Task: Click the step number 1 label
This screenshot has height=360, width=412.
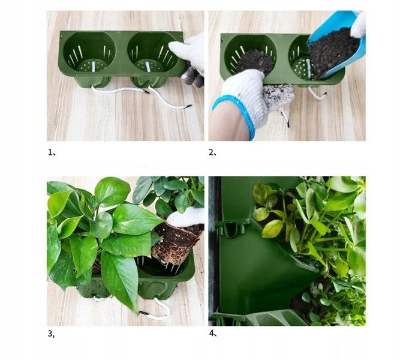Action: [52, 152]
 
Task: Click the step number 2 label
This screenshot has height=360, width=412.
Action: [212, 152]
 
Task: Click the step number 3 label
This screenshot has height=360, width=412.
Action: [51, 334]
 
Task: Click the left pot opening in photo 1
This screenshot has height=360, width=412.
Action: [89, 52]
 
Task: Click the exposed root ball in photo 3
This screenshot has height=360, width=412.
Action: [176, 243]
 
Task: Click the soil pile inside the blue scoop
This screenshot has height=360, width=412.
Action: [332, 51]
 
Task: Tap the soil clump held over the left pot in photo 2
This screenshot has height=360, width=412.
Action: [255, 62]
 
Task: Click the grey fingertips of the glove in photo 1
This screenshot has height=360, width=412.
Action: [193, 76]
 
